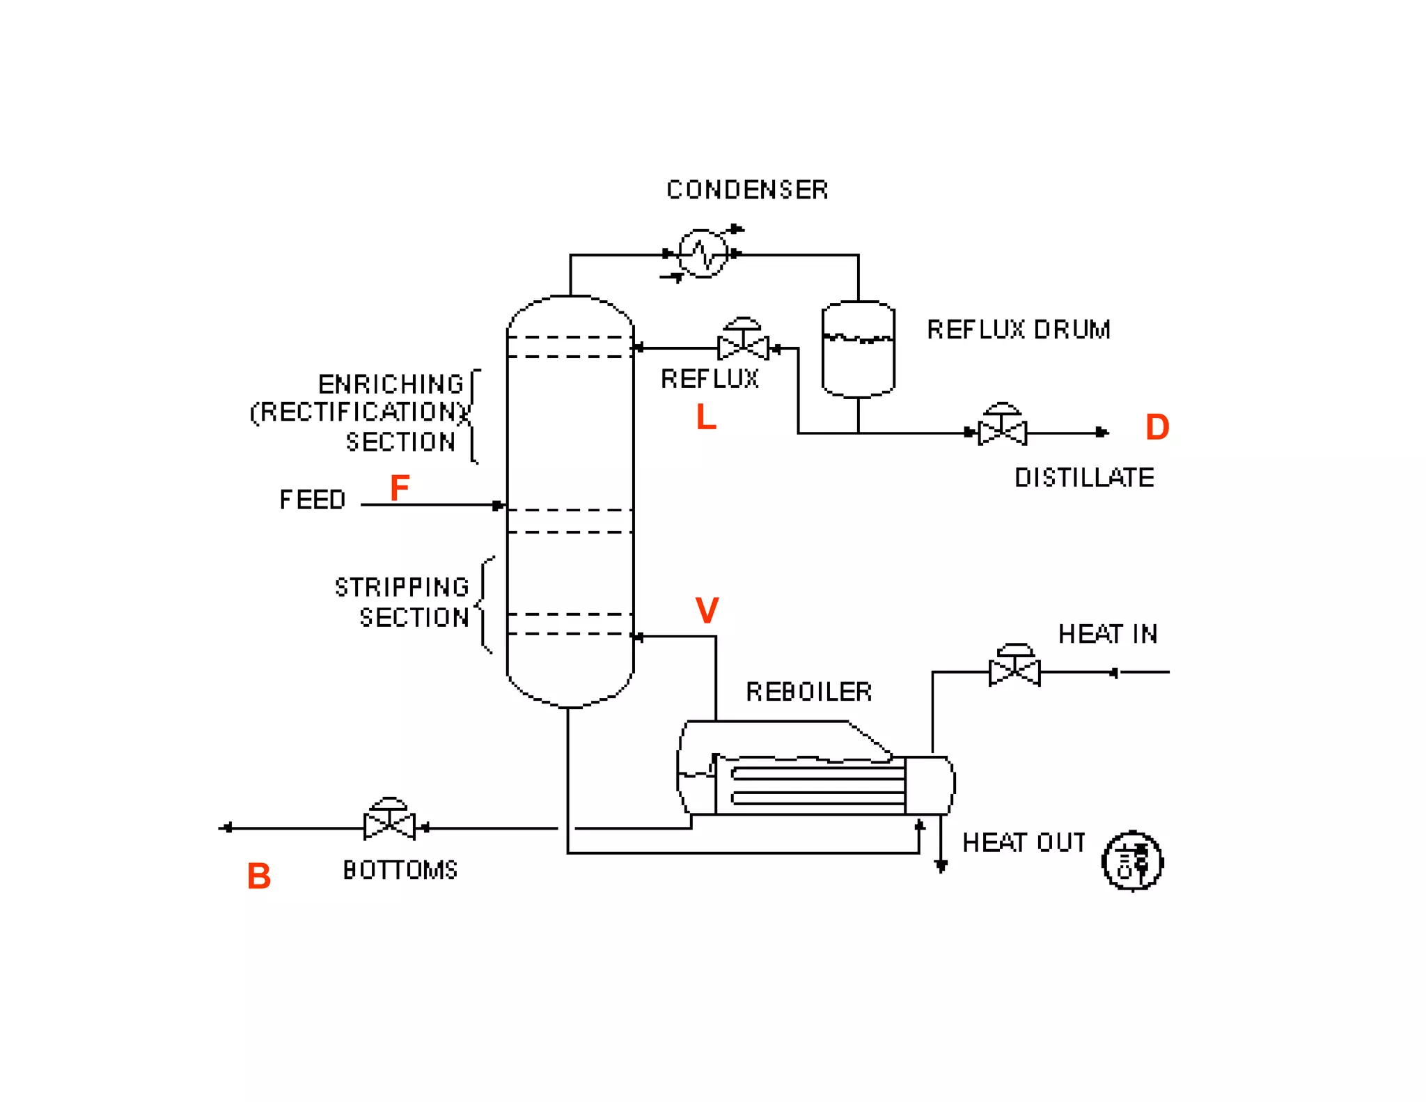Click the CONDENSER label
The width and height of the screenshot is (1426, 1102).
pyautogui.click(x=746, y=189)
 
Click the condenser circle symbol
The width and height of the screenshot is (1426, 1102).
pyautogui.click(x=703, y=254)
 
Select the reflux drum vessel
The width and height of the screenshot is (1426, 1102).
pyautogui.click(x=858, y=350)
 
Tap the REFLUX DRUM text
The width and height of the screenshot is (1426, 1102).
pyautogui.click(x=1018, y=329)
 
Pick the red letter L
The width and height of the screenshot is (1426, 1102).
pyautogui.click(x=706, y=417)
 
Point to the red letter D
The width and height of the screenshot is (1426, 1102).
pyautogui.click(x=1157, y=427)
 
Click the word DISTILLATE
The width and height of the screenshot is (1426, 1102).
pyautogui.click(x=1084, y=478)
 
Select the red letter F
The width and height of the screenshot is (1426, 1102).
pyautogui.click(x=399, y=488)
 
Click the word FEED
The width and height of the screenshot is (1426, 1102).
pyautogui.click(x=312, y=500)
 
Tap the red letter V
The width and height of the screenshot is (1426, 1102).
pyautogui.click(x=707, y=610)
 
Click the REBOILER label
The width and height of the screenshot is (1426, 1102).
pyautogui.click(x=808, y=692)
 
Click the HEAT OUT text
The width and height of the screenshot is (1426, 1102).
pyautogui.click(x=1024, y=843)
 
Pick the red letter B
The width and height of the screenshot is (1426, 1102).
pyautogui.click(x=258, y=876)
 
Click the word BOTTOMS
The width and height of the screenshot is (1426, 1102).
pyautogui.click(x=400, y=870)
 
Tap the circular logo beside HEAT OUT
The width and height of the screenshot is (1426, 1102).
pyautogui.click(x=1132, y=861)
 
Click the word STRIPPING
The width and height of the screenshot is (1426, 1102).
pyautogui.click(x=402, y=587)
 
